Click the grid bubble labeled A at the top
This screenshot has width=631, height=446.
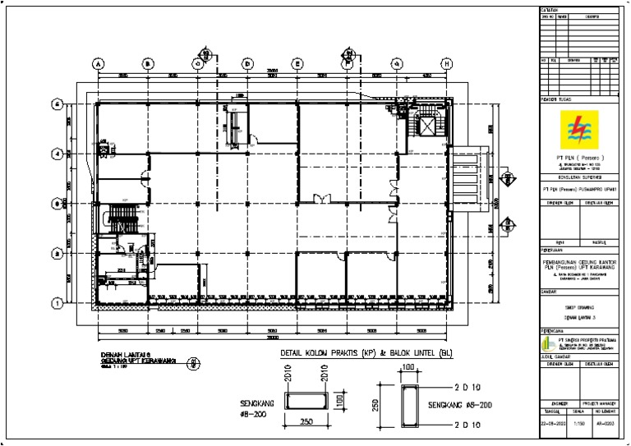tap(98, 63)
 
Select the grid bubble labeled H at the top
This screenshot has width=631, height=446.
tap(447, 63)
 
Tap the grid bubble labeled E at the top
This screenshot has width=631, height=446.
tap(297, 63)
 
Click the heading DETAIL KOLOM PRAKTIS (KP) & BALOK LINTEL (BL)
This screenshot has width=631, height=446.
tap(365, 353)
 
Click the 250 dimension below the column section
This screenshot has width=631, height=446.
tap(306, 422)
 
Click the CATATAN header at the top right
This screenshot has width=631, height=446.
tap(548, 9)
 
